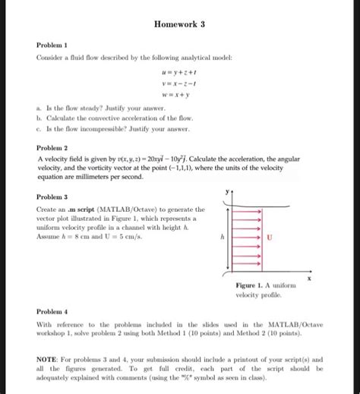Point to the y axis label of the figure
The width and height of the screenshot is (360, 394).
coord(226,192)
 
